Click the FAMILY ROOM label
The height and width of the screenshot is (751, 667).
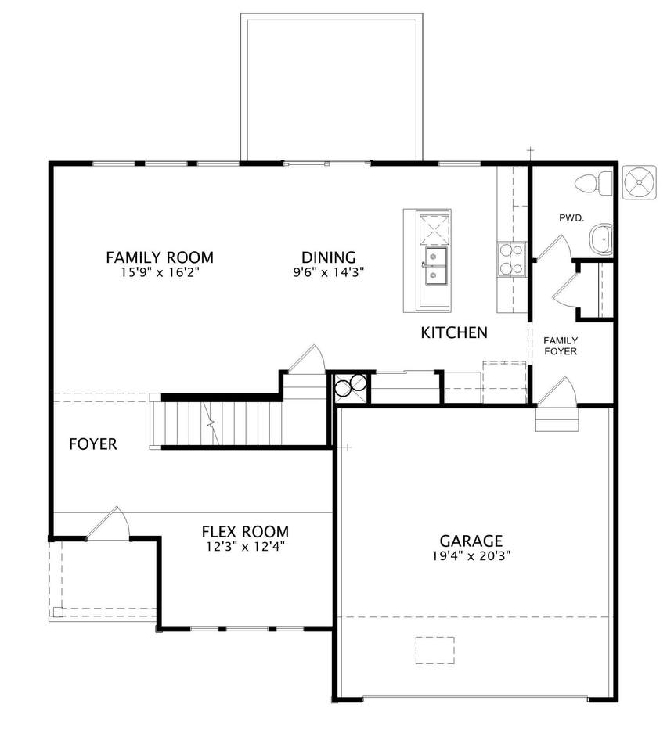coord(160,257)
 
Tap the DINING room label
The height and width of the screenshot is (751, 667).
coord(329,257)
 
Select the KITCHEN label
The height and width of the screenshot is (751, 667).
coord(454,332)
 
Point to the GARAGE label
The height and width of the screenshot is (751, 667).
coord(471,541)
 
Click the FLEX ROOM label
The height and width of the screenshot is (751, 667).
coord(245,532)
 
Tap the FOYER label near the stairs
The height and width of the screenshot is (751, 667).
coord(93,444)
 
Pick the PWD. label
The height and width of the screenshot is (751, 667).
coord(571,218)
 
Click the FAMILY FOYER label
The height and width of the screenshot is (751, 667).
coord(561,346)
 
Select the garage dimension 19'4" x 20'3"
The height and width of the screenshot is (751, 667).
coord(471,555)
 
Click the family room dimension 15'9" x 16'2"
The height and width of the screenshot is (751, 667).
coord(160,272)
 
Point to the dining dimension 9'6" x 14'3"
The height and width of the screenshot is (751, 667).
coord(329,272)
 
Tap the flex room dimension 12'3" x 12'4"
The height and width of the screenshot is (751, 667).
coord(245,547)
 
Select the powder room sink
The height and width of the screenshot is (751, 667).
coord(601,239)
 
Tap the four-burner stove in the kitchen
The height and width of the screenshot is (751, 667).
coord(511,259)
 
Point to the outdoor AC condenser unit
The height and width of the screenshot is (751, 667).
coord(639,181)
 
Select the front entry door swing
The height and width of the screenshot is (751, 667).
coord(109,523)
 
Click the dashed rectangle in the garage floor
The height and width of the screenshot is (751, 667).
coord(435,650)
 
